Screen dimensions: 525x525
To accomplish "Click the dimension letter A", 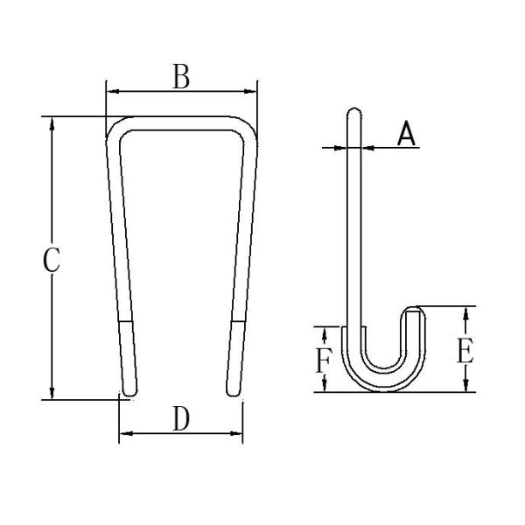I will coord(405,134).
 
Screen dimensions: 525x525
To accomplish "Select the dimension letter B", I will coord(180,77).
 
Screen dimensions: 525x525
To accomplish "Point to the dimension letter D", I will coord(180,420).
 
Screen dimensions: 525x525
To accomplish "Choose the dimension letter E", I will coord(465,352).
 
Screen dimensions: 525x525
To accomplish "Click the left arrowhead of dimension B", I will coord(111,90).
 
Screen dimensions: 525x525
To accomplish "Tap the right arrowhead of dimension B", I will coord(252,90).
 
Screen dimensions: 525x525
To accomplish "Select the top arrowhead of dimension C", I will coord(52,122).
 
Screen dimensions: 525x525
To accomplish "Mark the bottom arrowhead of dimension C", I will coord(52,393).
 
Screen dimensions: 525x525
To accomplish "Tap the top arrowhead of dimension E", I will coord(466,311).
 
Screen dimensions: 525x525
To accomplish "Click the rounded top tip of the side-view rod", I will coord(353,111).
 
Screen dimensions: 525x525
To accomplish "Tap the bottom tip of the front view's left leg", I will coord(129,394).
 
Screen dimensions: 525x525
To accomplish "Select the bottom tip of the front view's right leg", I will coord(232,394).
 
